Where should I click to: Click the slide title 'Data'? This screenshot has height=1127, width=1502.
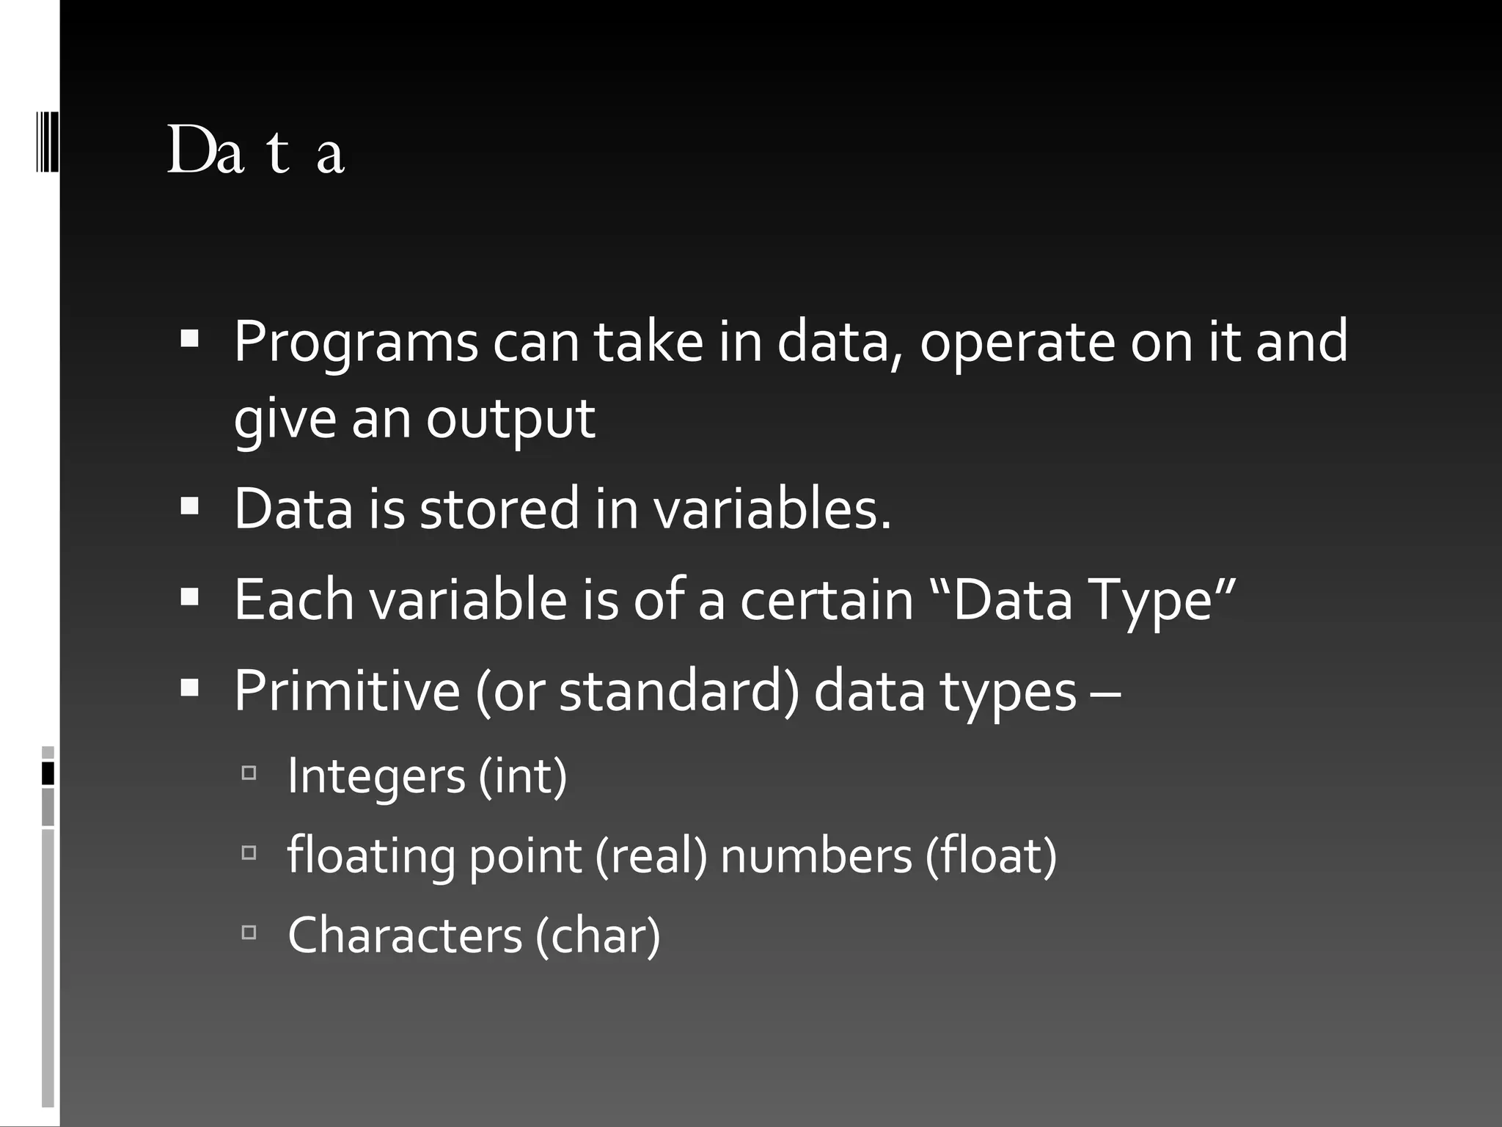256,151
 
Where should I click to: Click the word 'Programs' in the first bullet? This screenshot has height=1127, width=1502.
356,343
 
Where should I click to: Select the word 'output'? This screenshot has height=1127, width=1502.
510,419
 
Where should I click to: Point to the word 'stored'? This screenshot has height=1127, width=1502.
499,508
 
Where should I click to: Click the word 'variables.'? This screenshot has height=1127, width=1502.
772,508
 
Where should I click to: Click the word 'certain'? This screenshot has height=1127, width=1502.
827,599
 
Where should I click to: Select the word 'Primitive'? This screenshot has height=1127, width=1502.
347,690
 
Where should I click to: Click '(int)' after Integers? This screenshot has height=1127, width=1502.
523,776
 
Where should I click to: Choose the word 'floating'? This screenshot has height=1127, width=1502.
371,856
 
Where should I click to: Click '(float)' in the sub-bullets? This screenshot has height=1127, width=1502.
991,856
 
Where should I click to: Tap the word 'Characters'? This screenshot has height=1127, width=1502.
405,935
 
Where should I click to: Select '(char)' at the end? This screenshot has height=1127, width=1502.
598,935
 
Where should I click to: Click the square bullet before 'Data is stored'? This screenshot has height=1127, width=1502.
189,506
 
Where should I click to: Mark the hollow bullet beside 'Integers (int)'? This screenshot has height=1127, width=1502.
249,773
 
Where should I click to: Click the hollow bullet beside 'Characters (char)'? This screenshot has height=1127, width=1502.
249,932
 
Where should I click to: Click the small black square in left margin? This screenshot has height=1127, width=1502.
48,773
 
